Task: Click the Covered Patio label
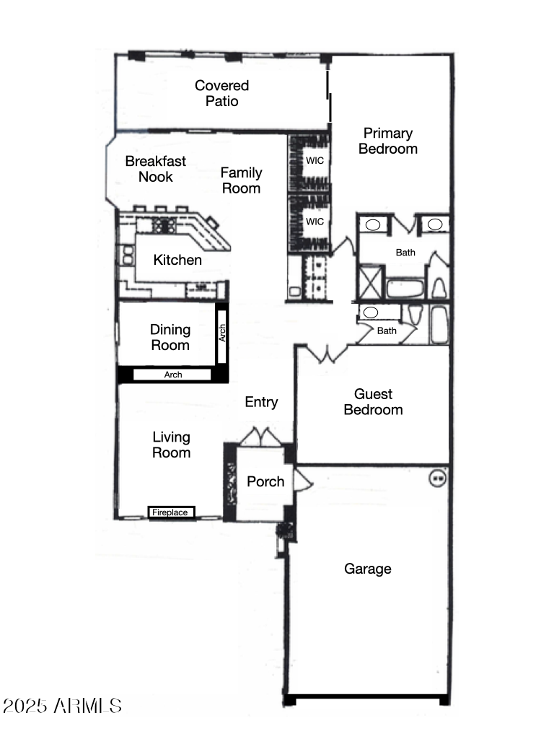point(221,93)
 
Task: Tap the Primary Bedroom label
point(388,141)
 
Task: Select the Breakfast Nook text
point(156,169)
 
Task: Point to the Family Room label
point(241,180)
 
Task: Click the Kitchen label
point(177,260)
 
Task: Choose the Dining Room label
point(170,337)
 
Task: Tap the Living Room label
point(172,445)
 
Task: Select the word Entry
point(261,402)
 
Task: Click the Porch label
point(265,481)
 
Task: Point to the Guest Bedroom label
point(373,402)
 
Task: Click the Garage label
point(368,569)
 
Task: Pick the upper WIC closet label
point(315,160)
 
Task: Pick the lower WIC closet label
point(315,222)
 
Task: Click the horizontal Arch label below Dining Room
point(173,375)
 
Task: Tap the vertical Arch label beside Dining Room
point(223,333)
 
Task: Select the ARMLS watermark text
point(62,705)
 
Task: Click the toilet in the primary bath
point(438,288)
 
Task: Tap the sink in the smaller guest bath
point(370,312)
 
